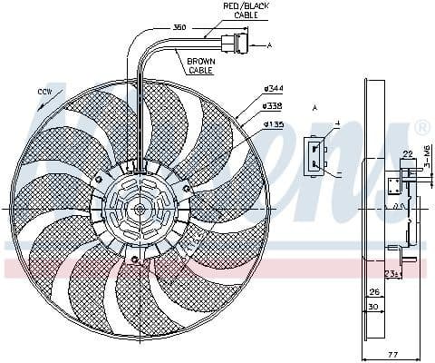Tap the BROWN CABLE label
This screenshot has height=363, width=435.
click(x=200, y=64)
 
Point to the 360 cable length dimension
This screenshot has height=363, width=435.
click(x=179, y=27)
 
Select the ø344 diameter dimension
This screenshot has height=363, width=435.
click(x=275, y=88)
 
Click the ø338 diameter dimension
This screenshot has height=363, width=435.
click(x=275, y=104)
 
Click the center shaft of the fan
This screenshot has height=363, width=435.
click(x=140, y=209)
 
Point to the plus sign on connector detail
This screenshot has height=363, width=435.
click(x=337, y=123)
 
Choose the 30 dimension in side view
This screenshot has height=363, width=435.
click(x=373, y=306)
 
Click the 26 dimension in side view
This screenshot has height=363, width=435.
click(x=373, y=291)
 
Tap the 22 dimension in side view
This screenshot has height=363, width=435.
click(x=409, y=153)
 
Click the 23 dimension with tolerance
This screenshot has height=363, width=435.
click(x=392, y=271)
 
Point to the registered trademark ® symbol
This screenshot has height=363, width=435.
click(x=422, y=127)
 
